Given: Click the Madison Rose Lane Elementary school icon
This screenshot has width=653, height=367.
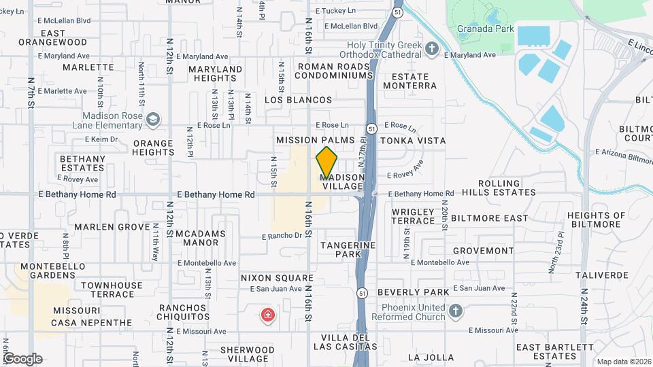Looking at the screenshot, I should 154,120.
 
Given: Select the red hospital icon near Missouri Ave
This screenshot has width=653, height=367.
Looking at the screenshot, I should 268,315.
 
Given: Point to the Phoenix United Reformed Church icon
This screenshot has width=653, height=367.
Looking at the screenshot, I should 456,312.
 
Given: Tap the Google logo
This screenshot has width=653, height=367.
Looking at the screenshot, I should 22,358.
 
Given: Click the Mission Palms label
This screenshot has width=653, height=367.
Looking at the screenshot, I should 315,140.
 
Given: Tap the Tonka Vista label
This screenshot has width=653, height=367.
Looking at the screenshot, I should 413,141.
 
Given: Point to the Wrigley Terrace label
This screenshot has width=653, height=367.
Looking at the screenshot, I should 413,216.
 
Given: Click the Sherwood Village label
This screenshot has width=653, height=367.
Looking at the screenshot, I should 248,354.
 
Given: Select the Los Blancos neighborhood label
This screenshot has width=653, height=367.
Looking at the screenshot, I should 298,100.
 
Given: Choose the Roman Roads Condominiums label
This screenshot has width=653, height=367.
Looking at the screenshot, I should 334,71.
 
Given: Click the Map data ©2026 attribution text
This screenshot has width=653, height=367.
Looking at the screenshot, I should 624,362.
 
